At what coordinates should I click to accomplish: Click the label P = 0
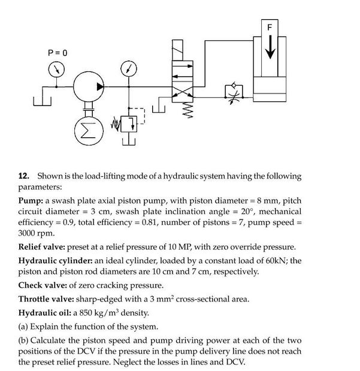pos(58,53)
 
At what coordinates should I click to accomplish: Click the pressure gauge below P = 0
pos(56,70)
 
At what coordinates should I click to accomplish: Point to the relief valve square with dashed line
pos(129,123)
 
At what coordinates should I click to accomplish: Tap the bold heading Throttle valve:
pos(49,298)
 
